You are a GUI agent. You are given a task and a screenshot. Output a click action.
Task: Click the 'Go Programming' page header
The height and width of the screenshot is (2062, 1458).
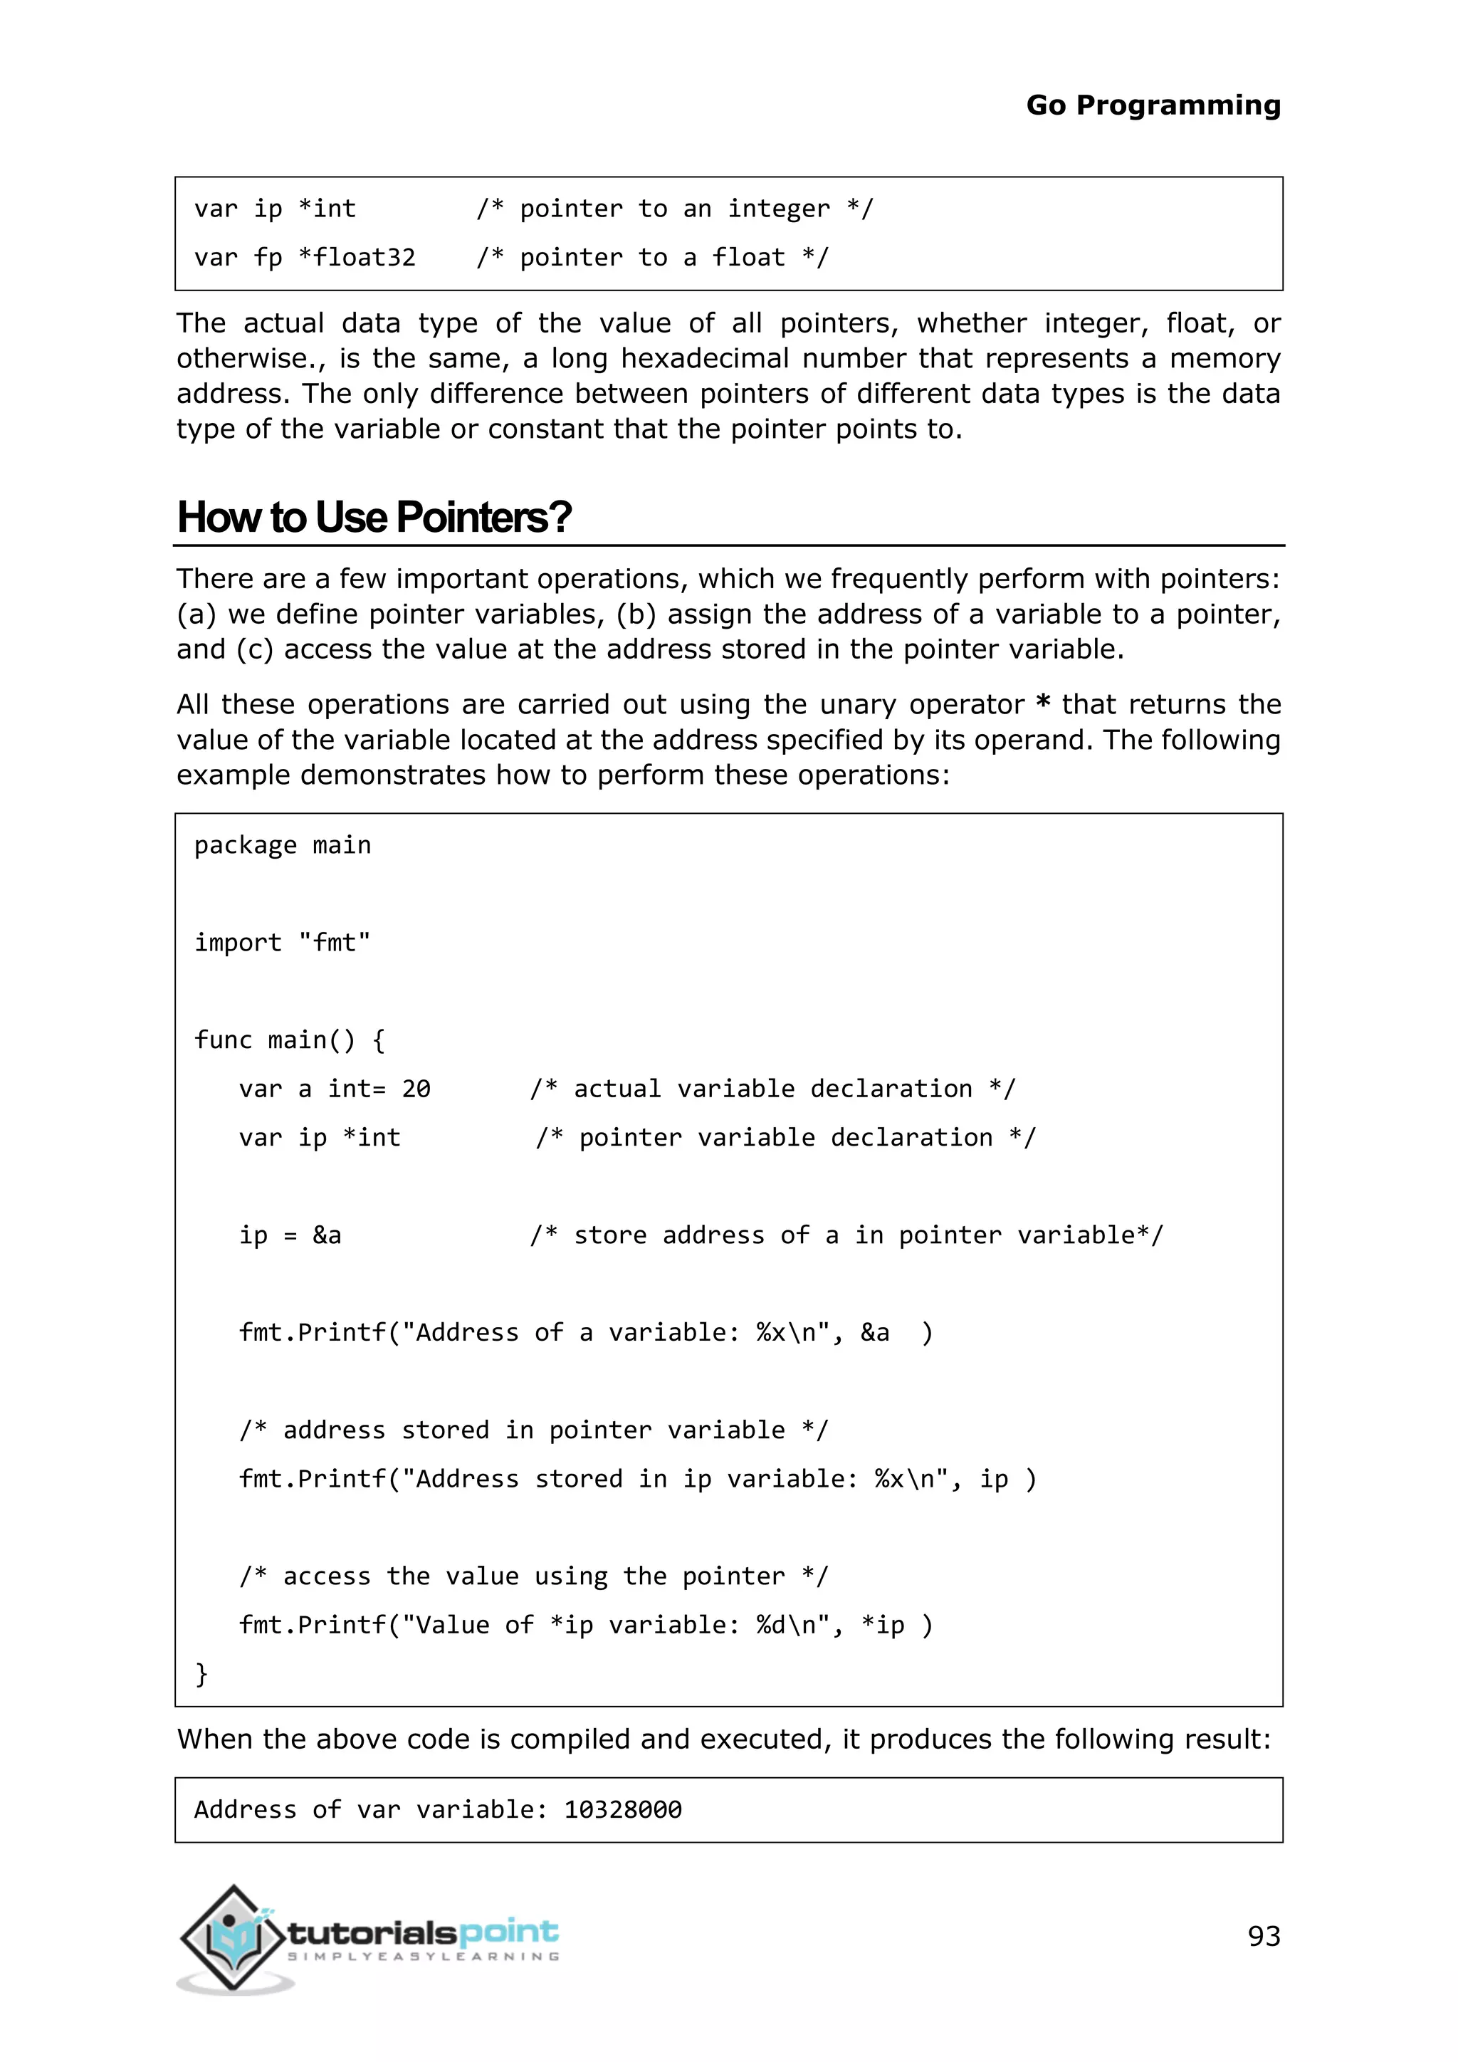pos(1153,105)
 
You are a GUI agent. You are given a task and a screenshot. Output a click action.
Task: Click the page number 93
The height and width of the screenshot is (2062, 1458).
pos(1263,1935)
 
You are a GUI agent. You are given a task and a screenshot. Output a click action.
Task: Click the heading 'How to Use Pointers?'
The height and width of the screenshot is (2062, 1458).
pos(374,518)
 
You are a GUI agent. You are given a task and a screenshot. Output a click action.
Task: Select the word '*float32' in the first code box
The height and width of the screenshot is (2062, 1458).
pos(357,258)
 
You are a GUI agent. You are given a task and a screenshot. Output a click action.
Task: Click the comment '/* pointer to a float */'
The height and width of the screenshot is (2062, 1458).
pos(652,258)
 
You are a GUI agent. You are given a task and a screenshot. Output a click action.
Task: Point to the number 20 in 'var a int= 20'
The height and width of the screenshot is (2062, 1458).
pos(416,1089)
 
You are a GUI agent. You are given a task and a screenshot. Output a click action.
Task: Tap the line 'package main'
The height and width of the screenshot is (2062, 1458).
pos(282,845)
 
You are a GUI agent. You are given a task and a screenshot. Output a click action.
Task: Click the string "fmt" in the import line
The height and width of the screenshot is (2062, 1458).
pos(334,942)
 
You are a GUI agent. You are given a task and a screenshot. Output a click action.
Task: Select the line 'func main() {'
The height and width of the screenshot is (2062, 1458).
pos(289,1040)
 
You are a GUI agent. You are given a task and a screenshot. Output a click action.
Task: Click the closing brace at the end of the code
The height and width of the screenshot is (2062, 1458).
pos(201,1673)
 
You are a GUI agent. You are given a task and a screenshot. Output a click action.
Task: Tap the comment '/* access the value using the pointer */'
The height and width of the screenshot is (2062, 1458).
pos(533,1576)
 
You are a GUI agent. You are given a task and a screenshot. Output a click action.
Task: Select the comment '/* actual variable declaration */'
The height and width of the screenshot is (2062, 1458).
pos(772,1089)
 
